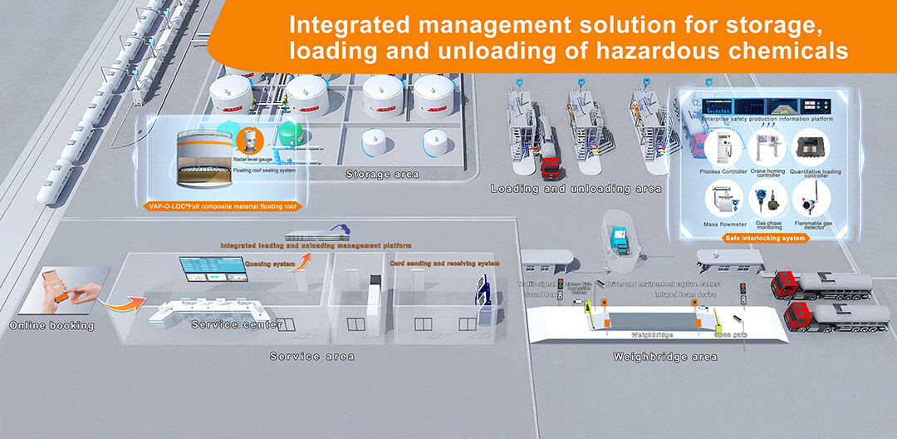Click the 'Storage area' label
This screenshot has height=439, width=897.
(382, 175)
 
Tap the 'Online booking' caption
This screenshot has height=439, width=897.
(51, 326)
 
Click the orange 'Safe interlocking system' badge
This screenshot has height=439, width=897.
(766, 239)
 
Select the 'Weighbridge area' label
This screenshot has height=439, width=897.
(664, 358)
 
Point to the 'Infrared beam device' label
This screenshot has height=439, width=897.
(685, 294)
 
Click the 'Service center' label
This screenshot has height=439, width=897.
(238, 324)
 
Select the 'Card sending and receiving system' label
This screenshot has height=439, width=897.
(445, 264)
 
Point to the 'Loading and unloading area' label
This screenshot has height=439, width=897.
(576, 189)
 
